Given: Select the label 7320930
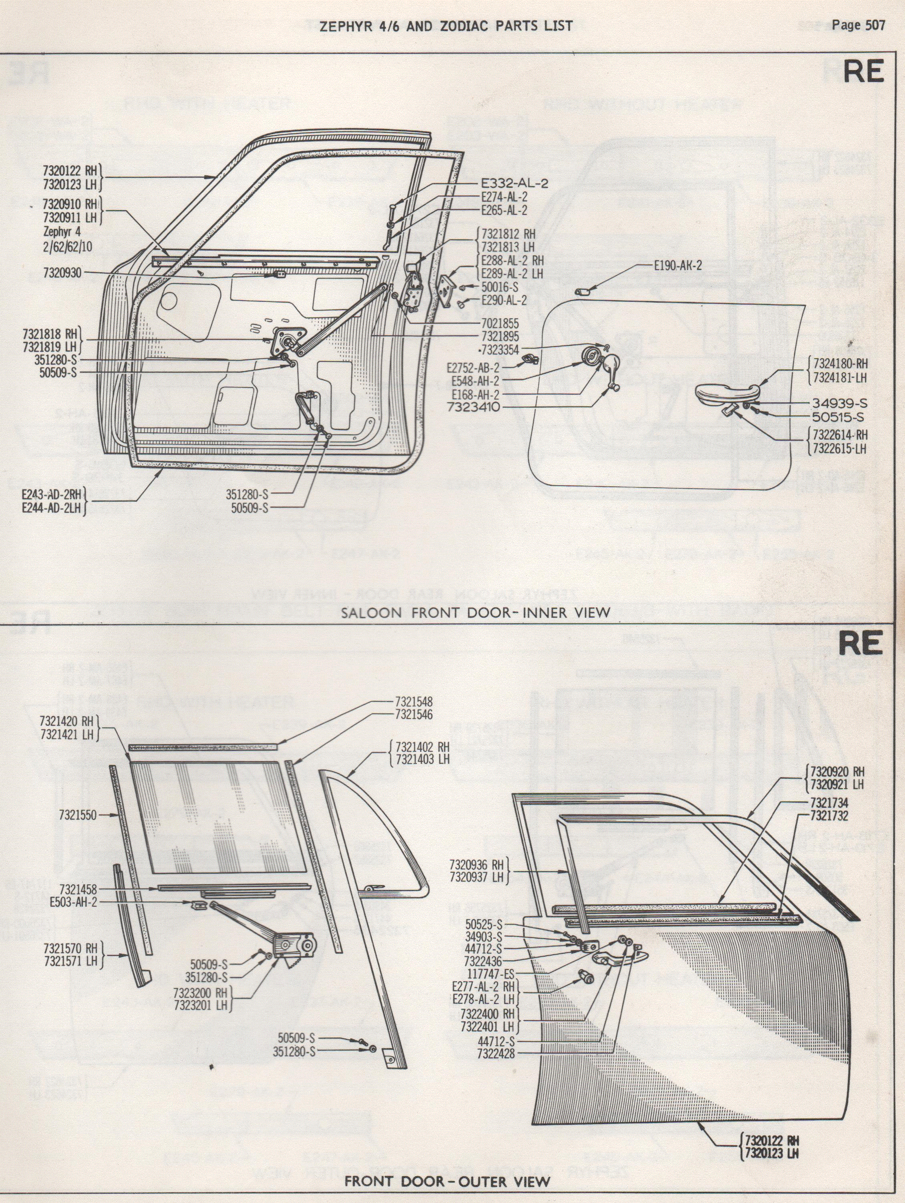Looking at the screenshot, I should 62,273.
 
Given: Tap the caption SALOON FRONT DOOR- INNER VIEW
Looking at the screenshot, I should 475,613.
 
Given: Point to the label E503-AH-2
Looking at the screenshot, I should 73,902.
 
